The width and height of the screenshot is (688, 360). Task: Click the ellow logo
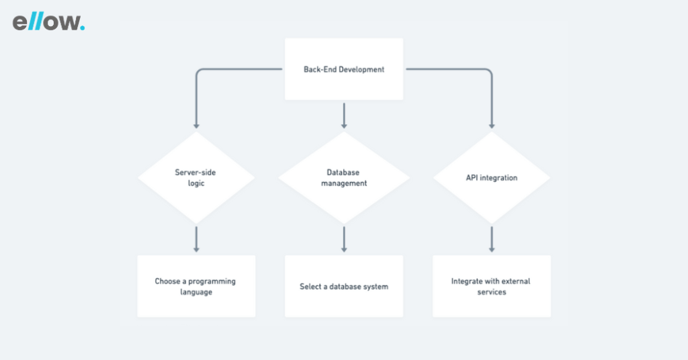pos(48,22)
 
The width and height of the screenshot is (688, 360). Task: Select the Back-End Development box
pos(344,69)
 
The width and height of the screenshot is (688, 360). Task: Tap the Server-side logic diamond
pos(196,177)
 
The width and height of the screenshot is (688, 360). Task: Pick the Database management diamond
pos(344,177)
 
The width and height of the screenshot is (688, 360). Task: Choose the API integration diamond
pos(492,177)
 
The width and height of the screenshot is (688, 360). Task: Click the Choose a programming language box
pos(196,286)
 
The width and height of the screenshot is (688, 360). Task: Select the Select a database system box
pos(344,286)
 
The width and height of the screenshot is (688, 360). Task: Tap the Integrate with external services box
pos(492,286)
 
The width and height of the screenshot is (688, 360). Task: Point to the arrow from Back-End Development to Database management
pos(344,116)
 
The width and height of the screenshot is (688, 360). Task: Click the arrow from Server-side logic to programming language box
pos(196,239)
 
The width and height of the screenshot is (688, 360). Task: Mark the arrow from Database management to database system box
pos(344,239)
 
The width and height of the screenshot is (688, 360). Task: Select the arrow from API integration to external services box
pos(492,239)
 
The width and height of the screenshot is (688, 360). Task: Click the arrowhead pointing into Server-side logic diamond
pos(196,126)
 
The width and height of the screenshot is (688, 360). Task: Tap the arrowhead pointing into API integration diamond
pos(492,126)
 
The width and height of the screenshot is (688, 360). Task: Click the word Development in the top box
pos(361,69)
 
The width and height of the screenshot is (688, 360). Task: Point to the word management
pos(344,183)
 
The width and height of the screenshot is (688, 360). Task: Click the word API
pos(472,177)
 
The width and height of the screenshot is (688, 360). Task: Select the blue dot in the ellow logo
pos(83,28)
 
